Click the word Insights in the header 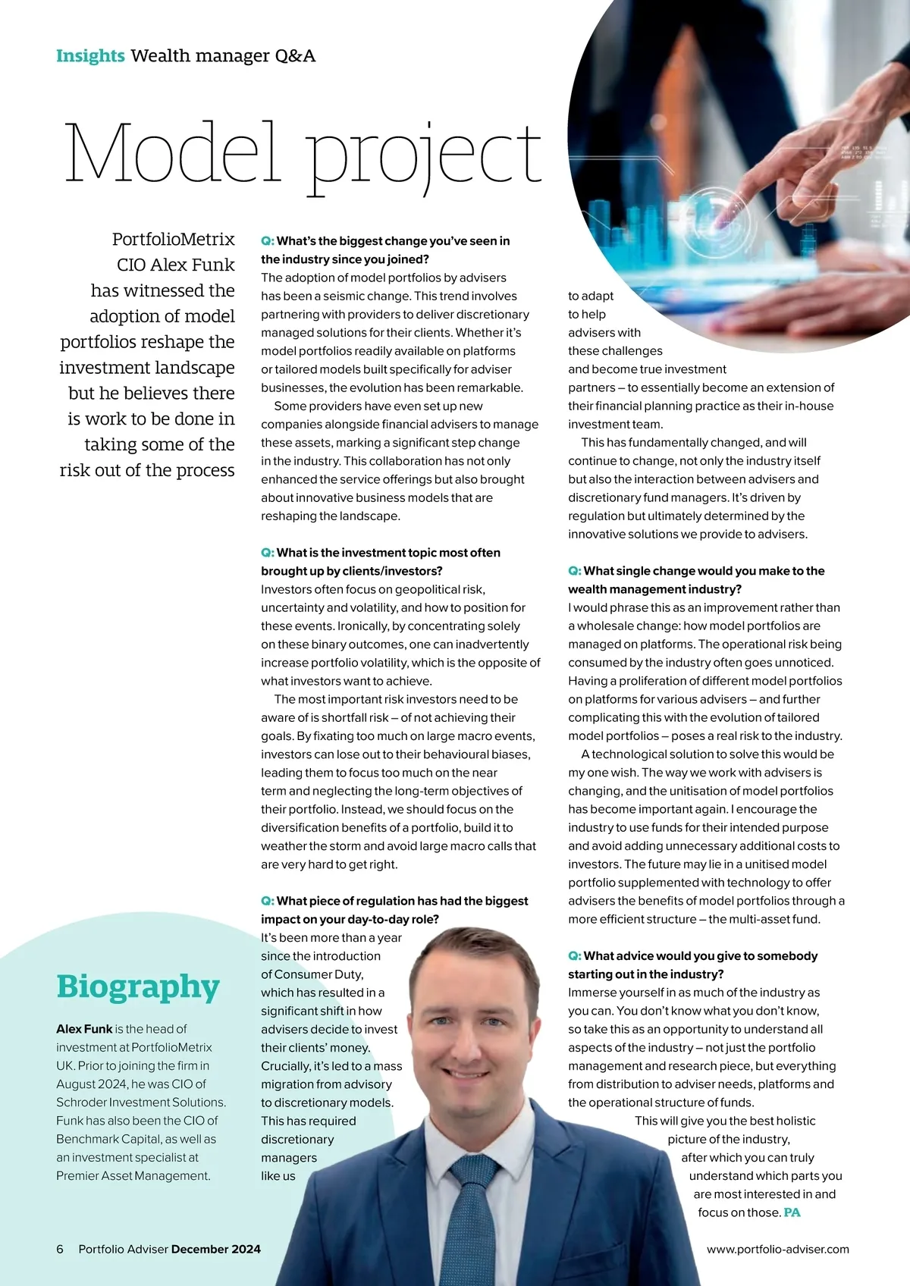(x=90, y=56)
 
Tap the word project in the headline (x=424, y=156)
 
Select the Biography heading (x=138, y=986)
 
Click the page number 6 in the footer (x=60, y=1249)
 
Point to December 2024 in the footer (x=216, y=1249)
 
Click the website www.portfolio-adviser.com (x=777, y=1249)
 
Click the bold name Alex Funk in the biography (x=84, y=1029)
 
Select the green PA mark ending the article (x=792, y=1212)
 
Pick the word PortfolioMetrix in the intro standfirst (x=174, y=240)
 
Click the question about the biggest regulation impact (x=394, y=910)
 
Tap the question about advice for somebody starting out (x=692, y=964)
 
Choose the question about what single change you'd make (x=696, y=579)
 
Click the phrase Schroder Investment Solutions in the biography (x=141, y=1103)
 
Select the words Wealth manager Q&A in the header (x=223, y=56)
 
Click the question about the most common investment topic (x=381, y=561)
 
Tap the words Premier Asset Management (x=133, y=1176)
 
